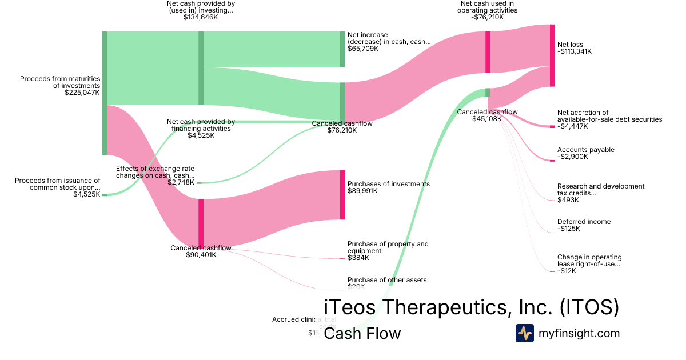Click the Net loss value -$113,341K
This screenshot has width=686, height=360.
click(575, 51)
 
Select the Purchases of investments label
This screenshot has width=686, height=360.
click(389, 184)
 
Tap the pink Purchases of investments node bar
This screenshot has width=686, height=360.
click(342, 194)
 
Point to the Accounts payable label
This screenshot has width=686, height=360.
click(586, 150)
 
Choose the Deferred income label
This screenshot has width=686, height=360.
click(584, 222)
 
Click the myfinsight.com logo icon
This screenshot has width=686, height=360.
click(524, 333)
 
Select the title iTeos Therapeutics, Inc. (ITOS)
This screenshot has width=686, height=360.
click(471, 307)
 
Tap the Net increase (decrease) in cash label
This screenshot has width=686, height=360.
click(389, 38)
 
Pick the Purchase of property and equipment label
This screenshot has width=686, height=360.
click(388, 247)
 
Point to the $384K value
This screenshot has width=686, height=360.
click(358, 258)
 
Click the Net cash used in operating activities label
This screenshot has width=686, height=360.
click(490, 6)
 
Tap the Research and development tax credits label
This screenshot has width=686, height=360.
click(601, 190)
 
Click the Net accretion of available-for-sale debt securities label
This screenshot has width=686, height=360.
click(609, 116)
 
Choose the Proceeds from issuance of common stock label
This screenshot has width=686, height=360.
click(57, 183)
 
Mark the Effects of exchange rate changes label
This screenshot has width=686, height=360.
click(155, 172)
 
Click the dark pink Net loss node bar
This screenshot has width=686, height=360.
click(552, 55)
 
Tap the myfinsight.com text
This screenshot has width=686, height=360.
click(579, 333)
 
